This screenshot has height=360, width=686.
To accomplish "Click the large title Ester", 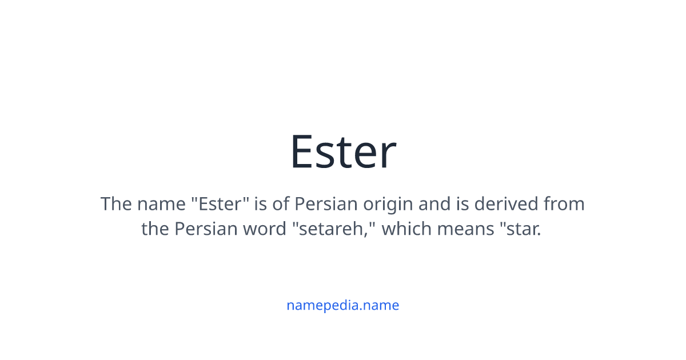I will point(343,151).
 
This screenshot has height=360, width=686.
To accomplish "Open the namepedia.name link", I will point(343,305).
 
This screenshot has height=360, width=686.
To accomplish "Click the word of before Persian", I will point(284,204).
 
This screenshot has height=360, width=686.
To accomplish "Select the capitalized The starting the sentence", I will point(116,204).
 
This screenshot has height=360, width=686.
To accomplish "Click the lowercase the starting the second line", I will point(155,229).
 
